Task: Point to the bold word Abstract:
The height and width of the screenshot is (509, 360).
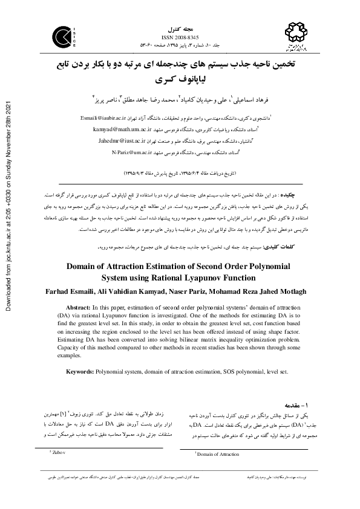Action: [85, 306]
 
